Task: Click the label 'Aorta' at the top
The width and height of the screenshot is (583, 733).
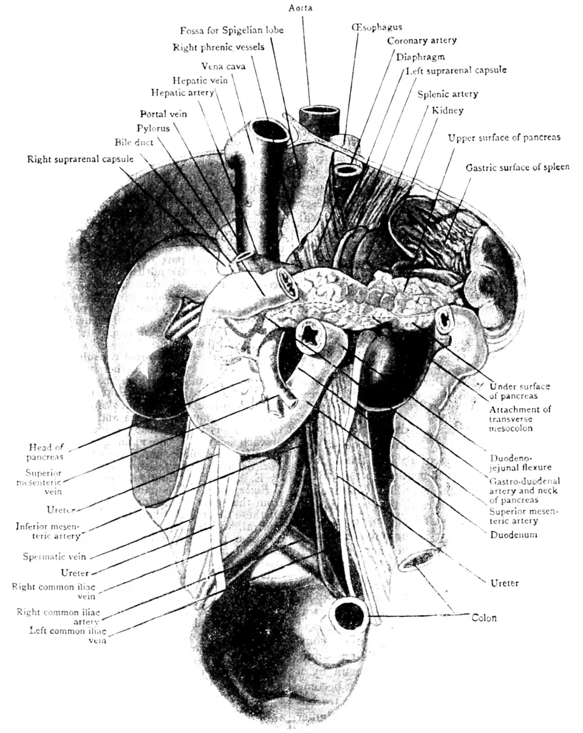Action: pyautogui.click(x=301, y=8)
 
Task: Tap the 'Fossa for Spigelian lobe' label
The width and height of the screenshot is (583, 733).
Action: pyautogui.click(x=231, y=30)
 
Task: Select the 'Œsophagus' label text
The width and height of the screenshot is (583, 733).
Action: pyautogui.click(x=377, y=27)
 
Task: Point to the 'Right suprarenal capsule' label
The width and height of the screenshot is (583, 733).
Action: pyautogui.click(x=80, y=160)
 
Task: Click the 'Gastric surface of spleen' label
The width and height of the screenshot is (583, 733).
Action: pyautogui.click(x=517, y=167)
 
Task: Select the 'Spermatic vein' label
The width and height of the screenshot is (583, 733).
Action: pyautogui.click(x=54, y=556)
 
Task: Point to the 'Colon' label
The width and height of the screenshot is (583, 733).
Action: pyautogui.click(x=484, y=618)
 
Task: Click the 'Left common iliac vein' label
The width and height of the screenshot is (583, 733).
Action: pyautogui.click(x=67, y=635)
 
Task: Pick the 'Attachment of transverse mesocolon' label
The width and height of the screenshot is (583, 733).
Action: pyautogui.click(x=520, y=418)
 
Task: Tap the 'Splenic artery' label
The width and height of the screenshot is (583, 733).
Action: pyautogui.click(x=448, y=94)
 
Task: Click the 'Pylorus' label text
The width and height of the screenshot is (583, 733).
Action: pyautogui.click(x=154, y=128)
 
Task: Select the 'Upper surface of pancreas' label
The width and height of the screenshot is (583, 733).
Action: pyautogui.click(x=504, y=138)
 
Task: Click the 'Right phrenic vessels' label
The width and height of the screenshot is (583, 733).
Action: pyautogui.click(x=219, y=47)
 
